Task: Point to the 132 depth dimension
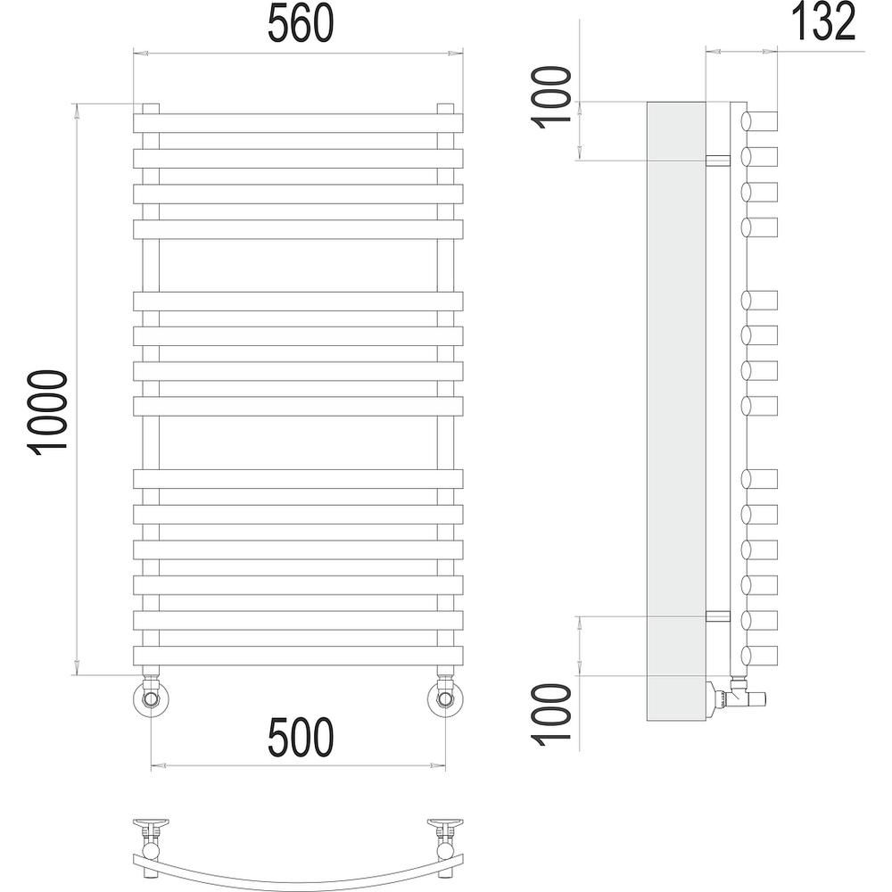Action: click(820, 21)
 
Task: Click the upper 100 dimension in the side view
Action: click(552, 95)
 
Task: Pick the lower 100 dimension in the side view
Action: click(552, 714)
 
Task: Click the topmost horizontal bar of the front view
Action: click(299, 123)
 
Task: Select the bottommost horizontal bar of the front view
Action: click(299, 656)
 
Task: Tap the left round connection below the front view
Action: click(150, 697)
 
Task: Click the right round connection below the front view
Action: click(446, 697)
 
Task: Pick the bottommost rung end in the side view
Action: click(760, 656)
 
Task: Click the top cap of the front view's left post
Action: click(150, 108)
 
